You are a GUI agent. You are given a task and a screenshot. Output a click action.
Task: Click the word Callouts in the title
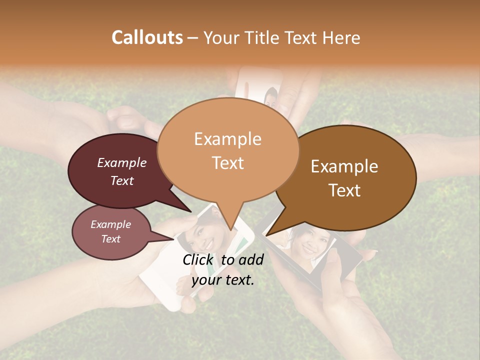[x=147, y=37]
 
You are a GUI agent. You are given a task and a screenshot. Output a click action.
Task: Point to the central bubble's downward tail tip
[x=230, y=229]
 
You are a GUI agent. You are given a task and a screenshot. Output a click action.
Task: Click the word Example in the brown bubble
[x=344, y=166]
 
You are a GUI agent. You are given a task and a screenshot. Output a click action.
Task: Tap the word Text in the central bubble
[x=228, y=162]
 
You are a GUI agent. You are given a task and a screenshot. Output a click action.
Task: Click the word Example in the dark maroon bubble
[x=122, y=162]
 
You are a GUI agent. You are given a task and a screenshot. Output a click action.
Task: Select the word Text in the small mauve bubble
[x=110, y=239]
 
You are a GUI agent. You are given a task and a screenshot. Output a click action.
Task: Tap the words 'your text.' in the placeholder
[x=223, y=280]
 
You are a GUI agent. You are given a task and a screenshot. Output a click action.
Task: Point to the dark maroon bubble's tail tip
[x=191, y=212]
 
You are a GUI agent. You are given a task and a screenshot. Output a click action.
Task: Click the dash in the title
[x=193, y=38]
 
